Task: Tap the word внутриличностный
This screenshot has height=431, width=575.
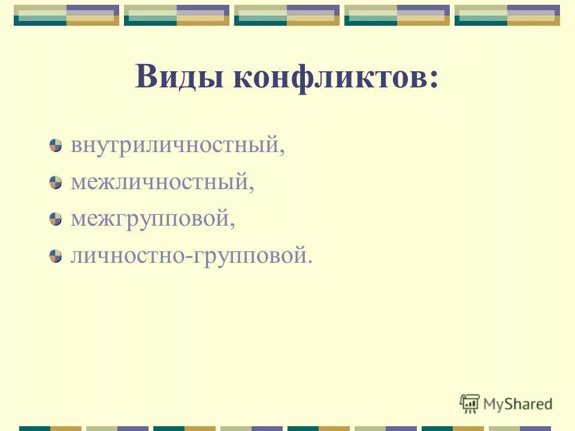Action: (x=174, y=146)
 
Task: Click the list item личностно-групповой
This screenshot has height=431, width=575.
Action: (x=189, y=256)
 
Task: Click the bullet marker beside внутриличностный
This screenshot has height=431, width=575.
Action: (x=56, y=145)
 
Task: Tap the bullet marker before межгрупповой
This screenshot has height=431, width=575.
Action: (x=56, y=219)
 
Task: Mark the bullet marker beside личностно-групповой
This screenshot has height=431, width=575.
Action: (x=56, y=256)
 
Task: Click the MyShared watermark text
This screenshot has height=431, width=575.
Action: (x=518, y=404)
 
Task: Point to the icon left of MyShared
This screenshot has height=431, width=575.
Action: (x=470, y=403)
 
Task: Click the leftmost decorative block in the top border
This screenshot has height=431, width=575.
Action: (x=66, y=15)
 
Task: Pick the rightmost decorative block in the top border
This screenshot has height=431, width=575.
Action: (x=507, y=15)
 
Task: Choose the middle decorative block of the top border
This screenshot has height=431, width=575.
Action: (x=286, y=15)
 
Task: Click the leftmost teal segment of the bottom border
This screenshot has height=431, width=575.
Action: (x=35, y=428)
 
